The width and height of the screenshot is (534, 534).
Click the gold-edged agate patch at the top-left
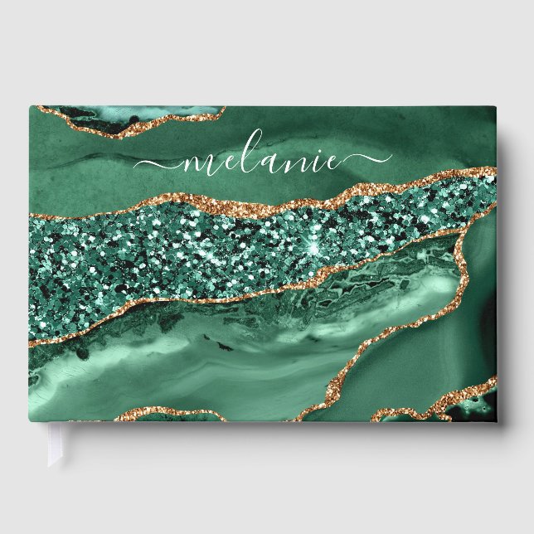(x=133, y=119)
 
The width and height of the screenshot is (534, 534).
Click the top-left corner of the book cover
(x=31, y=106)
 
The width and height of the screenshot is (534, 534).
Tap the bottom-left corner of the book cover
(x=31, y=420)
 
